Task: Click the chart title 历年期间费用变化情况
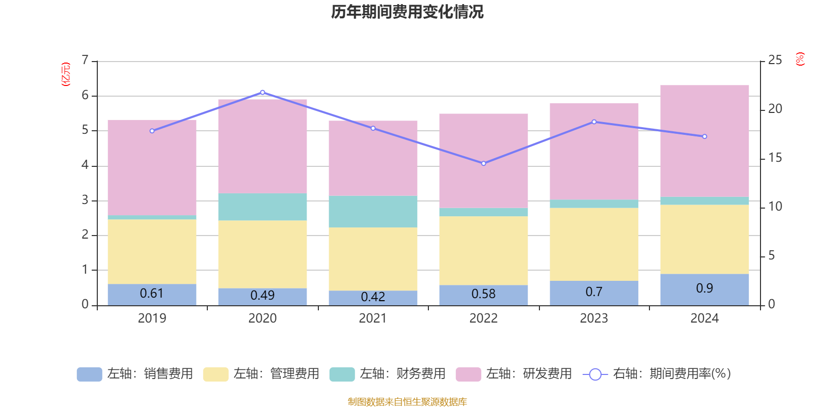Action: point(407,12)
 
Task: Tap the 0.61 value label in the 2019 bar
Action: point(152,294)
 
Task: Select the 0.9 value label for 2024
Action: point(704,288)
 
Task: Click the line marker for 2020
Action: point(262,93)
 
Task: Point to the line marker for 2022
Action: point(483,163)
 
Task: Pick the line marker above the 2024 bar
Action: point(704,136)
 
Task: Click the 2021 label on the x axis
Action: point(373,318)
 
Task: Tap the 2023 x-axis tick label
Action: point(594,318)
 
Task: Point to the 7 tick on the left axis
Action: point(85,61)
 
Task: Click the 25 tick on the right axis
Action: point(775,61)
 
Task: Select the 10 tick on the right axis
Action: point(775,207)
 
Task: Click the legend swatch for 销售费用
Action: point(89,374)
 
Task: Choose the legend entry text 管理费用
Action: point(294,374)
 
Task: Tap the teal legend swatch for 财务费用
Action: point(342,374)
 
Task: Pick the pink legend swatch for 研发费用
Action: point(468,374)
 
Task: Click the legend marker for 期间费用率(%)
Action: point(594,374)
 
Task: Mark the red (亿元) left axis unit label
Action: point(65,74)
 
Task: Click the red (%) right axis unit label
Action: point(800,59)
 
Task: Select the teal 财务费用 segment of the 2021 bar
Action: point(373,212)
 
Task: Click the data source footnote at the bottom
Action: point(407,402)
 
